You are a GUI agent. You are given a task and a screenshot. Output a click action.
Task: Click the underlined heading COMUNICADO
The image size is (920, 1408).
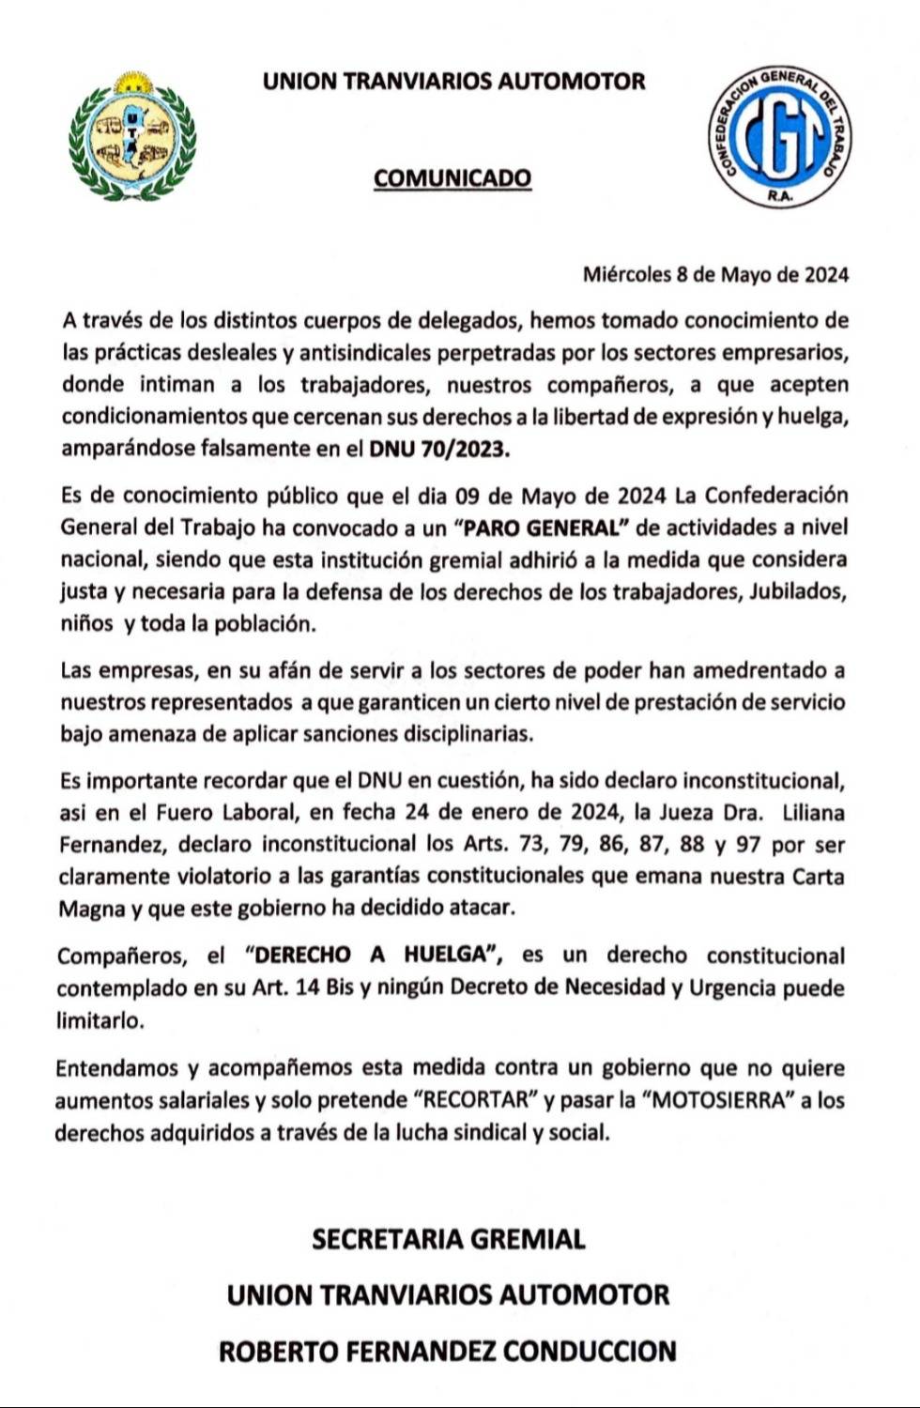(452, 177)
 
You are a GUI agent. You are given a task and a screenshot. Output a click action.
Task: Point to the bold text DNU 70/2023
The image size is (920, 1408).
(440, 448)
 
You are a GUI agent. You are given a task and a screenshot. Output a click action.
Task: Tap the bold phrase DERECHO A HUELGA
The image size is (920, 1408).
(376, 956)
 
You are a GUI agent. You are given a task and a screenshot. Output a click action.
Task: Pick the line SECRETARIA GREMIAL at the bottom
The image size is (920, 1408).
(449, 1239)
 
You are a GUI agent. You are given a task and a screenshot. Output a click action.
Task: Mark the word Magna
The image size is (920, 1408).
(90, 909)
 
